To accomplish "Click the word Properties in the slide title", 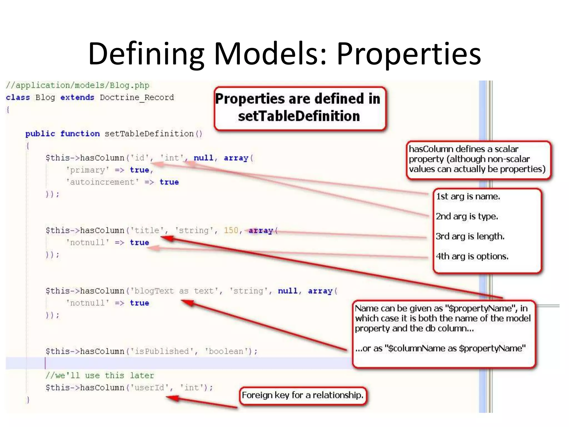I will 409,54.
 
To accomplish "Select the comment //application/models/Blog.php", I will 78,85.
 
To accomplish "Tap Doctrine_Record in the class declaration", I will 137,98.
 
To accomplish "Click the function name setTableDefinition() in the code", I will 153,134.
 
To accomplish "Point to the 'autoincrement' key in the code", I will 102,182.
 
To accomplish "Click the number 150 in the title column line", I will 231,230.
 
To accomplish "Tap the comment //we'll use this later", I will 100,376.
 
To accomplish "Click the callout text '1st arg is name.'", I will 468,197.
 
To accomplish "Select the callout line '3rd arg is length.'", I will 470,236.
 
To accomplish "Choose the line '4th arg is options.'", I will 472,256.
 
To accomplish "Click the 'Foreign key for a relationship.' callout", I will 303,395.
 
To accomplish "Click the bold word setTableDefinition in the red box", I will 299,116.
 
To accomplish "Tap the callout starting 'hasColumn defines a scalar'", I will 477,159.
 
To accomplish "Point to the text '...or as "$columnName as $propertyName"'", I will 440,348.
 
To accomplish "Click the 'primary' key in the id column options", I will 87,170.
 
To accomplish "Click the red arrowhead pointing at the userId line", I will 171,398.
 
